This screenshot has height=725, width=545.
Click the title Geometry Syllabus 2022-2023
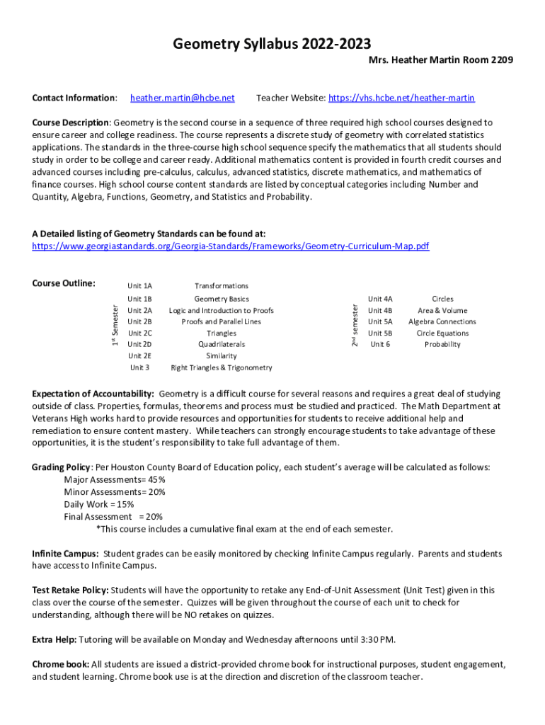(272, 45)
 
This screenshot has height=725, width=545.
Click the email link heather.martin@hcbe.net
(182, 98)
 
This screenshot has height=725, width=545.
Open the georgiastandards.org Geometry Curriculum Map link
(231, 246)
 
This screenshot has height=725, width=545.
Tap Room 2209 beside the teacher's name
(488, 61)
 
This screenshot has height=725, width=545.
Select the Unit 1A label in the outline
(139, 286)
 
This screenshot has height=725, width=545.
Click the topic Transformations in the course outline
(222, 286)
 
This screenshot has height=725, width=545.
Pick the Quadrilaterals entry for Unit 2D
(222, 345)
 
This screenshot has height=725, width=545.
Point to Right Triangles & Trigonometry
(222, 367)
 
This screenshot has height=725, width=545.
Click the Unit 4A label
(380, 299)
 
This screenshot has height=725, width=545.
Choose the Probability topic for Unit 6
(442, 345)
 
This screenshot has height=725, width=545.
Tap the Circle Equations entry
(442, 333)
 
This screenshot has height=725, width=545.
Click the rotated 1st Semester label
(114, 322)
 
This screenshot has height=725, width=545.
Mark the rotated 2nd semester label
(355, 323)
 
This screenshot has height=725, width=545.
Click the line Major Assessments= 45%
(115, 479)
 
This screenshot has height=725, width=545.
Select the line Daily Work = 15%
(98, 504)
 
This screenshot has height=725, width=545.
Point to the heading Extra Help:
(54, 640)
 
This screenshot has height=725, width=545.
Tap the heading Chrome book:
(60, 664)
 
